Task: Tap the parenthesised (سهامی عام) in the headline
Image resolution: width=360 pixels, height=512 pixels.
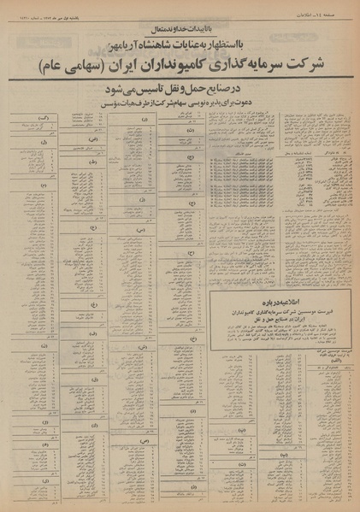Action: [x=80, y=67]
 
